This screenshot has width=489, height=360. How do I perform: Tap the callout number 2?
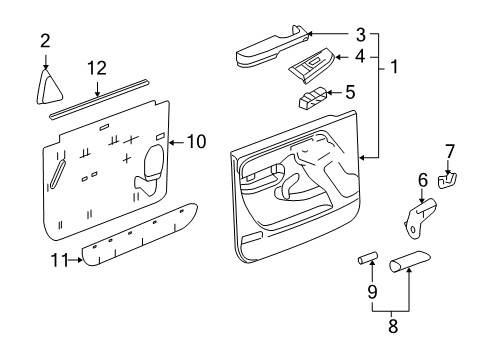[45, 40]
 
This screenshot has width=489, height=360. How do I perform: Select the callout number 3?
[361, 33]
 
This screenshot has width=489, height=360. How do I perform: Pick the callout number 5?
[349, 92]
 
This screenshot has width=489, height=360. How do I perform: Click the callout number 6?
[422, 181]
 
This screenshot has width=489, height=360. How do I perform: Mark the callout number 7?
[449, 152]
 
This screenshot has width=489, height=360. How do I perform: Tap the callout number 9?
[373, 293]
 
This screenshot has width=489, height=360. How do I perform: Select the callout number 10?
[196, 142]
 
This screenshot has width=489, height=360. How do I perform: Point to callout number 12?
[96, 68]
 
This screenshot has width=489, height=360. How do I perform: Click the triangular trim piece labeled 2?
[47, 87]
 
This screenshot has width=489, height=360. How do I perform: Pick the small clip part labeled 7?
[450, 179]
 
